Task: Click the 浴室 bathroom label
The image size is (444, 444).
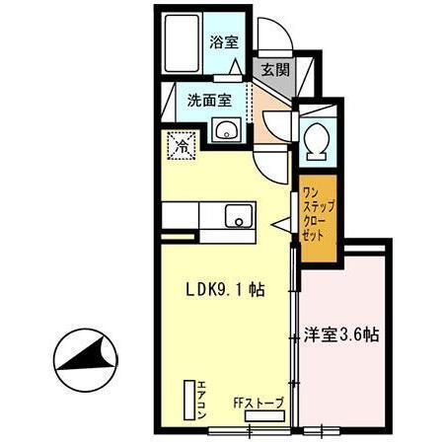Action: (x=224, y=41)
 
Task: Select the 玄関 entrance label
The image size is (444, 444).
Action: (x=275, y=69)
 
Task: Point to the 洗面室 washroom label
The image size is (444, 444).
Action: (x=209, y=100)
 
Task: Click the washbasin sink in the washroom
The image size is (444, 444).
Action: (x=226, y=129)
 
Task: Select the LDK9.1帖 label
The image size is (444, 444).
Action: (x=226, y=289)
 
